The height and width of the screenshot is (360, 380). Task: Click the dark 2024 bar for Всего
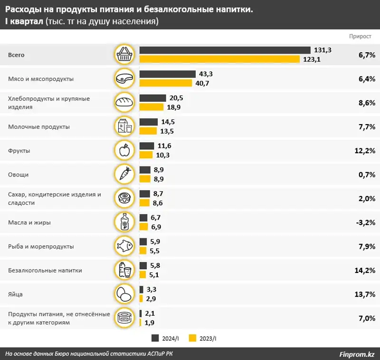click(225, 50)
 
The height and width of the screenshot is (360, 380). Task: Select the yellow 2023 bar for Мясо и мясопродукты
click(165, 83)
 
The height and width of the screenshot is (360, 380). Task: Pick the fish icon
click(124, 246)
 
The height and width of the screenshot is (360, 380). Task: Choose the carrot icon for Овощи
click(124, 174)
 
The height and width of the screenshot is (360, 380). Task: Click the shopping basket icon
click(124, 55)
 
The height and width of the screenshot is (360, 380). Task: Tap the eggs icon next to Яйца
click(124, 294)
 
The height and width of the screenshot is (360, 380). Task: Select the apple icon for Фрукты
click(124, 150)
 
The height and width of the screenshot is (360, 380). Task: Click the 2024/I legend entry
click(166, 338)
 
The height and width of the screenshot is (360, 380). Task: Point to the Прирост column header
click(361, 36)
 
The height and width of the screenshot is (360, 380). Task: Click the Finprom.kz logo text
click(357, 354)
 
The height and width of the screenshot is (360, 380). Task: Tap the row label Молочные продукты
click(39, 127)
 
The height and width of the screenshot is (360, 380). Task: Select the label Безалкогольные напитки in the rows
click(46, 271)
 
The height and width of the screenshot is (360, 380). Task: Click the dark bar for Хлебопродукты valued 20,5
click(152, 98)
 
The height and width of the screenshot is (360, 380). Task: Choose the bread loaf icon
click(124, 102)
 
